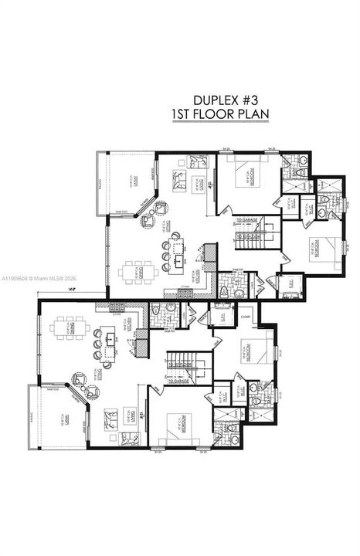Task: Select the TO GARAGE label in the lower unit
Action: coord(179,381)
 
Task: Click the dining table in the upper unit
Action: coord(141,272)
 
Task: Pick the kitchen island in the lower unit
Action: coord(109,339)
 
